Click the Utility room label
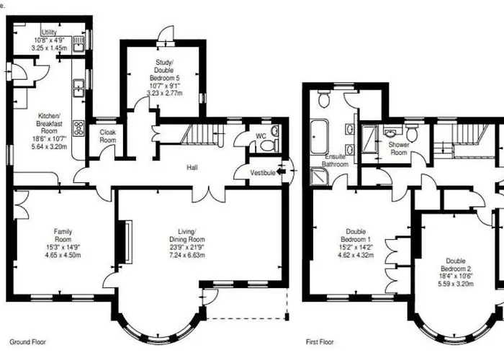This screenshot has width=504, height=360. tap(49, 32)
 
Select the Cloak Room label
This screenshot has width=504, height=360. tap(107, 136)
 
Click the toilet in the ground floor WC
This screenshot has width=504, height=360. tap(268, 145)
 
